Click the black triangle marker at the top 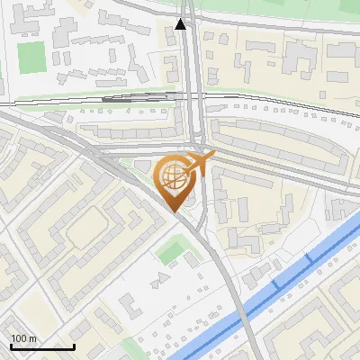point(182,24)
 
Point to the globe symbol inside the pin point(173,174)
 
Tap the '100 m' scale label point(23,338)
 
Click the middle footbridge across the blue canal point(274,283)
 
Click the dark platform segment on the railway point(135,96)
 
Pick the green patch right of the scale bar point(132,346)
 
